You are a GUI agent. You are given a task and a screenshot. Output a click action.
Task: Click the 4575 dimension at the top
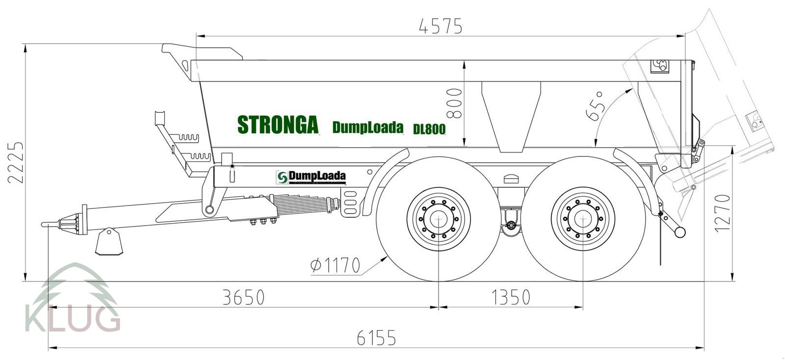(440, 26)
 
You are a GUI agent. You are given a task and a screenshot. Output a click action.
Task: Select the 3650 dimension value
(243, 297)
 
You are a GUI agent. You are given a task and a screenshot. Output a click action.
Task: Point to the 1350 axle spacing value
(510, 297)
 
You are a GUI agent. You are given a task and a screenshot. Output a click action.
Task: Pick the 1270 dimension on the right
(722, 213)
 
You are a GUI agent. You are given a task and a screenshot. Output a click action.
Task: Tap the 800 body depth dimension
(454, 103)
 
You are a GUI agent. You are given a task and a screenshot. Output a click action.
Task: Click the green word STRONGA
(278, 125)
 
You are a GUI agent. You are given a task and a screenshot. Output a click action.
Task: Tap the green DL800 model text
(429, 129)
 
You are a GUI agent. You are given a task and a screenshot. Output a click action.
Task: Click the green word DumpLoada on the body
(367, 127)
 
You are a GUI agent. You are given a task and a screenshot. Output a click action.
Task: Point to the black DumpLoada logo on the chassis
(311, 177)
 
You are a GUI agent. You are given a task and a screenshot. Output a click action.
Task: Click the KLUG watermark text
(72, 318)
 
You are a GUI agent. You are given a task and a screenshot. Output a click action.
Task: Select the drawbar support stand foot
(109, 242)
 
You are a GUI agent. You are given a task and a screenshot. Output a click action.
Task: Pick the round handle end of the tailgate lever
(680, 231)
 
